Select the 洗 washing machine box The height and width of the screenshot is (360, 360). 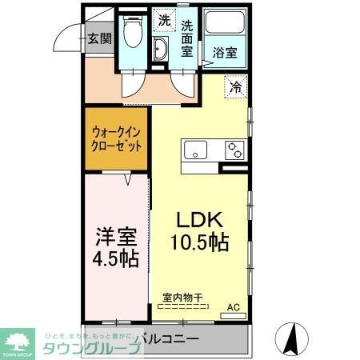[x=164, y=19]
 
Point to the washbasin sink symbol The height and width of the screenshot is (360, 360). [x=161, y=50]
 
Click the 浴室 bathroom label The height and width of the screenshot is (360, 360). [x=224, y=54]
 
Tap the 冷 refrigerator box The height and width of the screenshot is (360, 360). [x=237, y=86]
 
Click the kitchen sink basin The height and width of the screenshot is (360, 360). [x=196, y=150]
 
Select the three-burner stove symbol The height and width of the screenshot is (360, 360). [x=234, y=150]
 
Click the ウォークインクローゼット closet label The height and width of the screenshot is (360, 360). [x=118, y=139]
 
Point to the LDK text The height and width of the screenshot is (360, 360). [x=198, y=220]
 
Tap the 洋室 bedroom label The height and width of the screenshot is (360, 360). [x=116, y=238]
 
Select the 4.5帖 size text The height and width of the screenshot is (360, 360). [x=117, y=259]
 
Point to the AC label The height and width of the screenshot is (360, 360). [x=234, y=306]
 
